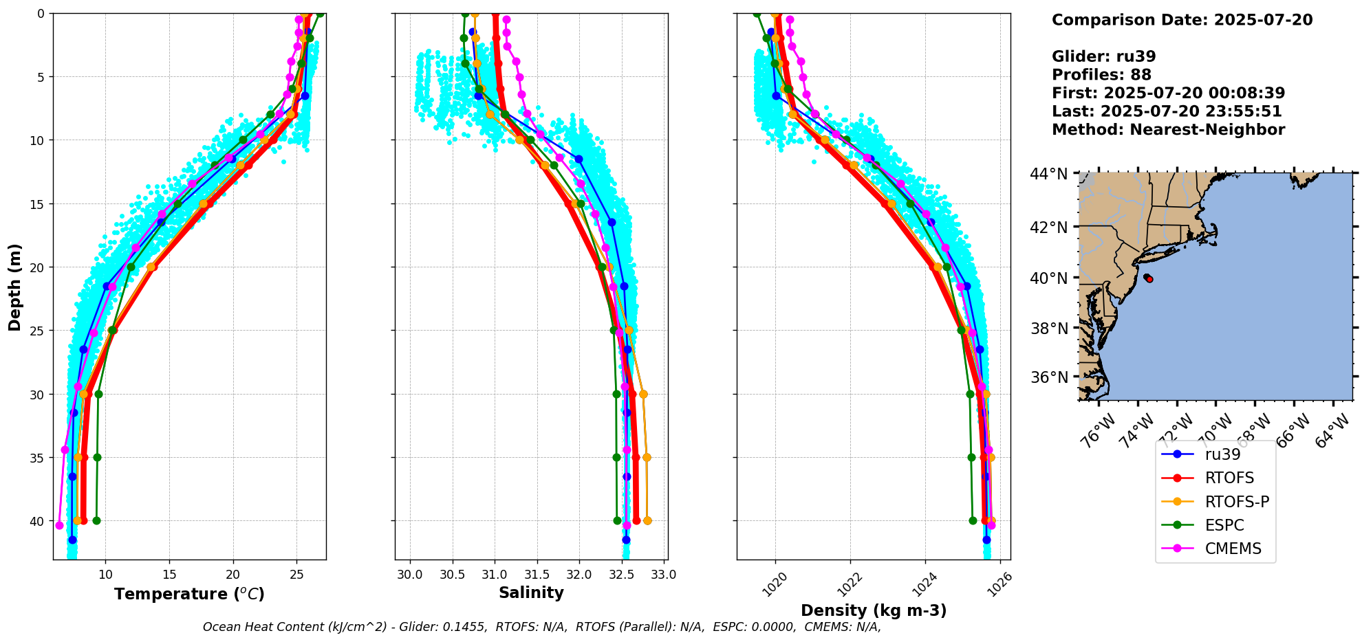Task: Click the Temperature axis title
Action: pos(189,594)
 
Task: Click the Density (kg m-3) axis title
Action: pos(874,610)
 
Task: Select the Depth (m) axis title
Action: pos(15,287)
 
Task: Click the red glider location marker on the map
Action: pos(1149,278)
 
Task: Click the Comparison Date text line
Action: pos(1182,20)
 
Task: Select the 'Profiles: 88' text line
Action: pos(1101,75)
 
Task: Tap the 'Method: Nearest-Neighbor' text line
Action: pos(1168,130)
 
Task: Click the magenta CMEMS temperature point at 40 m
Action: pos(59,526)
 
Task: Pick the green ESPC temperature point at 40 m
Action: pos(96,520)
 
